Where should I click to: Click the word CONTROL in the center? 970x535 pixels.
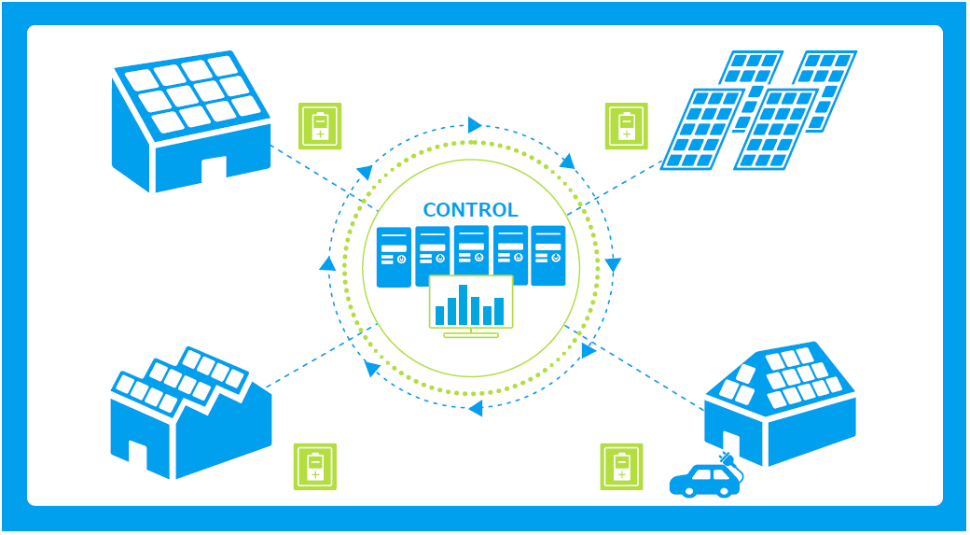[470, 209]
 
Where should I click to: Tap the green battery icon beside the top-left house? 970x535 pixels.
[320, 126]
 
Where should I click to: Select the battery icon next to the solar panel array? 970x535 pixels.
[626, 126]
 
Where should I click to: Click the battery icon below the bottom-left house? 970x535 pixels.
[315, 466]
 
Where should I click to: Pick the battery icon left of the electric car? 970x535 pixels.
[621, 466]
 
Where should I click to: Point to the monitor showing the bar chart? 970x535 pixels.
[471, 301]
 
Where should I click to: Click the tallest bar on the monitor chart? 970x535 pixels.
[464, 304]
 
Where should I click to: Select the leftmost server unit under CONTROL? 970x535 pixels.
[394, 257]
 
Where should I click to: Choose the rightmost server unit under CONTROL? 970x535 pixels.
[548, 257]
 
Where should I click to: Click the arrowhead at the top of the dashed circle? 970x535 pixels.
[475, 125]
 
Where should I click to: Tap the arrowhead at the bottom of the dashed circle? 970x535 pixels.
[475, 408]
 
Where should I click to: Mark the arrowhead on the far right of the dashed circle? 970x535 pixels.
[613, 265]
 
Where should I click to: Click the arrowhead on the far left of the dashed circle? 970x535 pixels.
[327, 264]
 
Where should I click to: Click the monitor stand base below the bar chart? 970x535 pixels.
[471, 334]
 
